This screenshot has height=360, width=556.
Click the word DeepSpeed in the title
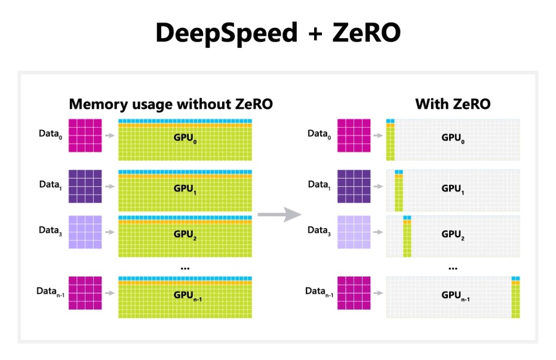[x=226, y=33]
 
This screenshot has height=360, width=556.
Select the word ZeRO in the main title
[x=366, y=33]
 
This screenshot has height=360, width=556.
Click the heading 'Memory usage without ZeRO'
[x=171, y=104]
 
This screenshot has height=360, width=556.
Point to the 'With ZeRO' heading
[x=453, y=104]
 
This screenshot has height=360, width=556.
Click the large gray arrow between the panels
[x=279, y=214]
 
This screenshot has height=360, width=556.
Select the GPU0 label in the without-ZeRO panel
[x=185, y=138]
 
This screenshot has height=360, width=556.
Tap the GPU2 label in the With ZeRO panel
[x=453, y=235]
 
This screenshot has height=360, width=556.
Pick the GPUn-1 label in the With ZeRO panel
[x=456, y=296]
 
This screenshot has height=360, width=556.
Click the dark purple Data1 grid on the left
[x=85, y=186]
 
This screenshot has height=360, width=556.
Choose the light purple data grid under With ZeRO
[x=354, y=232]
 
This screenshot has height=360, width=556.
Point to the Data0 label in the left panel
[x=50, y=134]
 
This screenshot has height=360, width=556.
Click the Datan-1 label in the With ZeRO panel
[x=319, y=292]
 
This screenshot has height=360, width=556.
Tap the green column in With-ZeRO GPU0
[x=391, y=143]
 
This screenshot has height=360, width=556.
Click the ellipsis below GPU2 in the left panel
[x=185, y=269]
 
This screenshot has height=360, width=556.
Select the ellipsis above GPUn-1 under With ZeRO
[x=453, y=269]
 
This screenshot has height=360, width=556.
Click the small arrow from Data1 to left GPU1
[x=110, y=186]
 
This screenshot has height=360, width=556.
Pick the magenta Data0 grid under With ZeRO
[x=354, y=136]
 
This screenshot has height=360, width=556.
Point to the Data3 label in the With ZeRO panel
[x=319, y=231]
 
